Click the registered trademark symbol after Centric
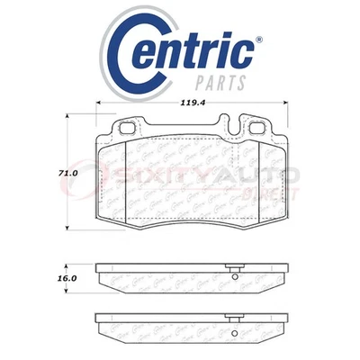(x=259, y=39)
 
